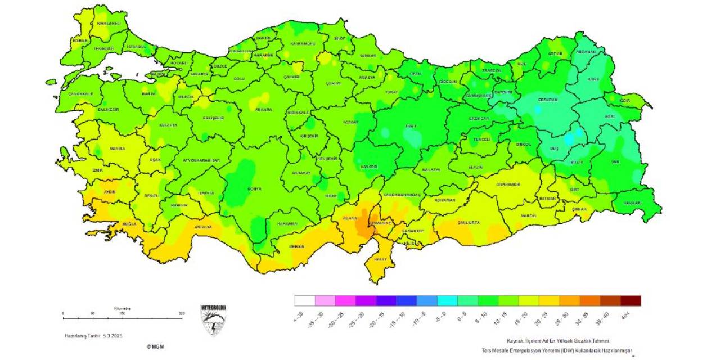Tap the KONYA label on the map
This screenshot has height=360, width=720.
click(x=254, y=188)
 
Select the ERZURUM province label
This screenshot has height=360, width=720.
click(x=548, y=100)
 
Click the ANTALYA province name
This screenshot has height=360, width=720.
click(x=203, y=227)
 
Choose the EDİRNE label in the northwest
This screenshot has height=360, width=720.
click(x=80, y=40)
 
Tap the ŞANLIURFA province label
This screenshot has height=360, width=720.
click(x=468, y=222)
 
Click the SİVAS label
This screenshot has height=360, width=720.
click(x=411, y=126)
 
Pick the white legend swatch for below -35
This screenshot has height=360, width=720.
click(x=304, y=301)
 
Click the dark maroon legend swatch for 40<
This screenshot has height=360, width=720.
click(x=630, y=301)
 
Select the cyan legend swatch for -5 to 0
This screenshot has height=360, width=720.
click(x=447, y=301)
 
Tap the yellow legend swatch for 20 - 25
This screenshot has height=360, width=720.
click(x=548, y=301)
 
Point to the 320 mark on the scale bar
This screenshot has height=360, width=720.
click(x=181, y=313)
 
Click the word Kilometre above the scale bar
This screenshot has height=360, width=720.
click(x=122, y=308)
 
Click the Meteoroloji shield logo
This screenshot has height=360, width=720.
click(x=213, y=320)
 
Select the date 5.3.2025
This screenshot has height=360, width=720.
click(x=112, y=336)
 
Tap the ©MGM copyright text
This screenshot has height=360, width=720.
click(x=156, y=346)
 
